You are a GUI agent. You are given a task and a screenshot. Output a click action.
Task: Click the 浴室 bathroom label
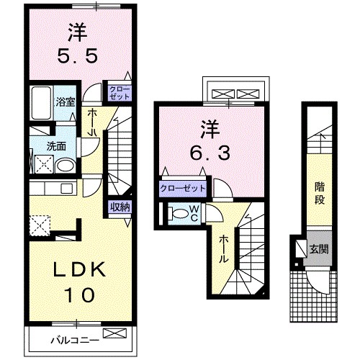click(x=66, y=102)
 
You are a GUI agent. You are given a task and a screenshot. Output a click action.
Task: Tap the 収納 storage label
click(x=120, y=207)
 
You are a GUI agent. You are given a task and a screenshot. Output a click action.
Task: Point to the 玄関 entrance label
click(x=319, y=249)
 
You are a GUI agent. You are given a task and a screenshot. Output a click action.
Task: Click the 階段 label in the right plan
click(x=319, y=193)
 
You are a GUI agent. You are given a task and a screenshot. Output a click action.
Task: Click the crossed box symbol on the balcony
click(x=114, y=333)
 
